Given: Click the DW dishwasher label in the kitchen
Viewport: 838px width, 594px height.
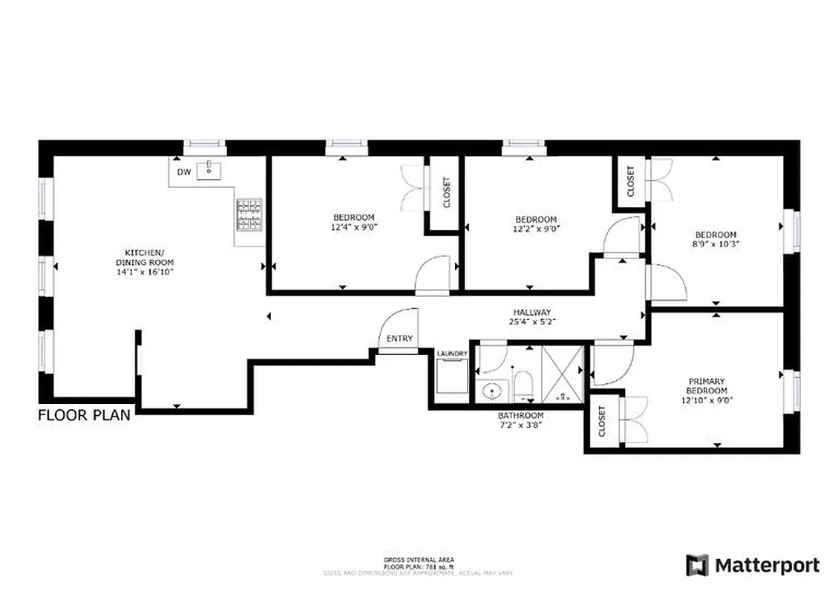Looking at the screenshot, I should pyautogui.click(x=183, y=172).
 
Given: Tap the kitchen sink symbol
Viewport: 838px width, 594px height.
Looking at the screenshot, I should pyautogui.click(x=209, y=170).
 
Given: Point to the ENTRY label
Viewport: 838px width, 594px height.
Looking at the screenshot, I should pyautogui.click(x=399, y=339).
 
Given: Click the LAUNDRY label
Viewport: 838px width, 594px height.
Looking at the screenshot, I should pyautogui.click(x=451, y=353).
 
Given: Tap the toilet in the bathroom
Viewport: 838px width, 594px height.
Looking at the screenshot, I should pyautogui.click(x=522, y=385).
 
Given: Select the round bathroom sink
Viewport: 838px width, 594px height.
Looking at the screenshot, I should pyautogui.click(x=490, y=391).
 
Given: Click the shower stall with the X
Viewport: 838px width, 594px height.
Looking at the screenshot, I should pyautogui.click(x=562, y=374).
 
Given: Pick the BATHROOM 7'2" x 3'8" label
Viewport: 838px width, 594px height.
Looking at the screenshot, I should pyautogui.click(x=520, y=420).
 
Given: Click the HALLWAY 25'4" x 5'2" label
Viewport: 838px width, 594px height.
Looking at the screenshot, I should pyautogui.click(x=531, y=317).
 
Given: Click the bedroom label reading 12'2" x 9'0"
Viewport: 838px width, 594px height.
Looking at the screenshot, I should pyautogui.click(x=536, y=224).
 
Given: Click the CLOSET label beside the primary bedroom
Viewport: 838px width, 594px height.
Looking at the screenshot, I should pyautogui.click(x=602, y=421).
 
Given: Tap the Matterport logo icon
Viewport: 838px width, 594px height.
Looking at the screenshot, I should pyautogui.click(x=698, y=565).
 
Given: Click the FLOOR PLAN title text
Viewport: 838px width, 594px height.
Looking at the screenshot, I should pyautogui.click(x=84, y=415).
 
